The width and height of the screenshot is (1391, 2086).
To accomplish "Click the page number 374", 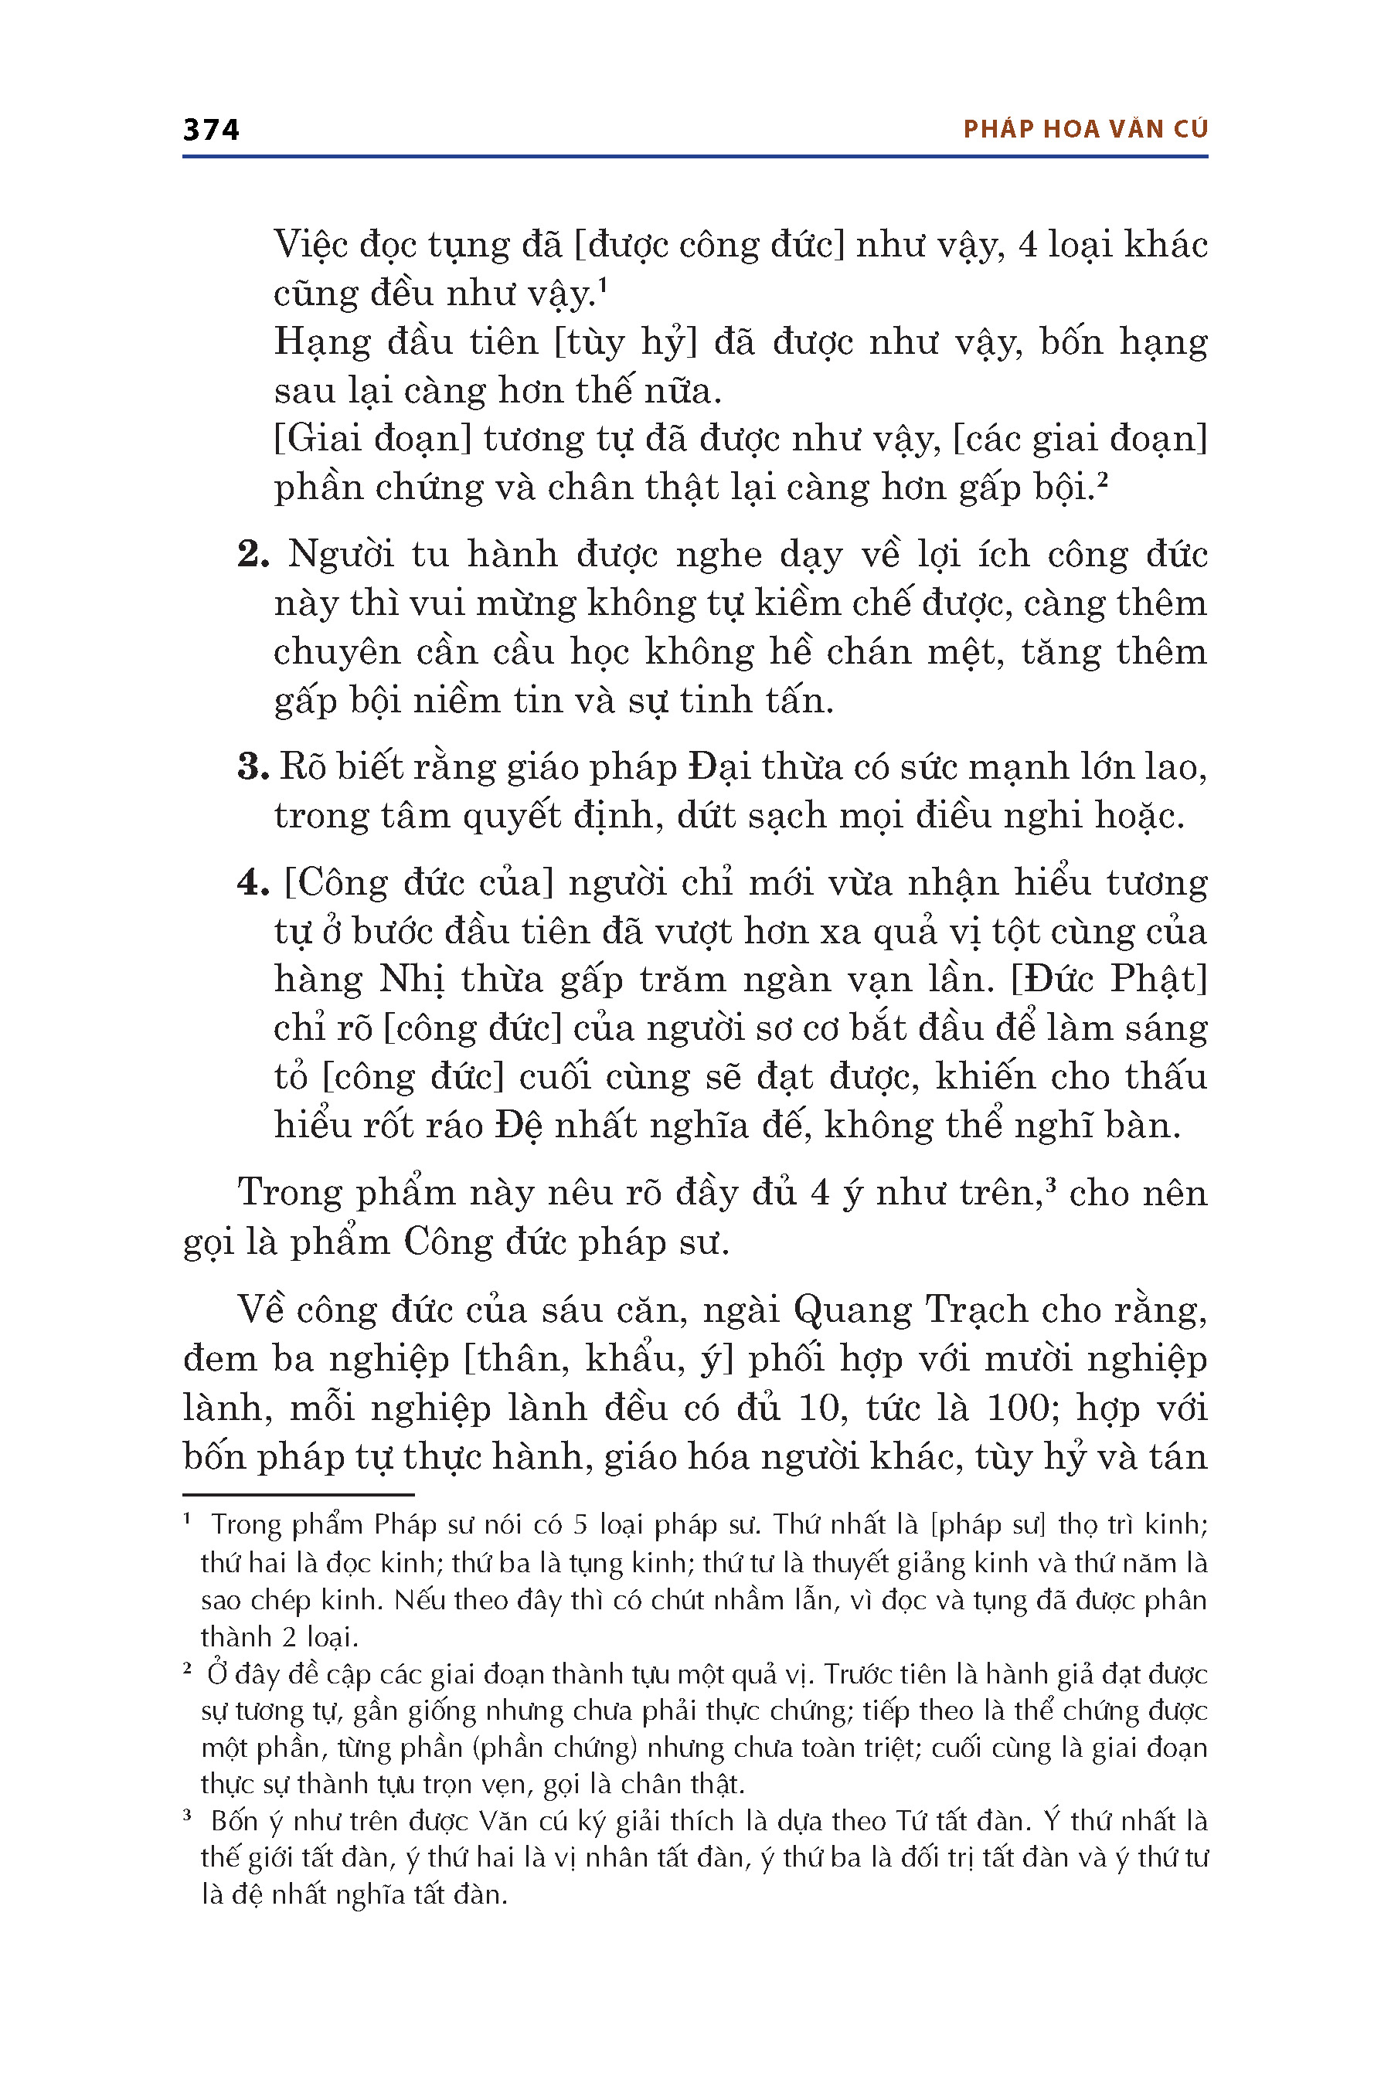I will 211,130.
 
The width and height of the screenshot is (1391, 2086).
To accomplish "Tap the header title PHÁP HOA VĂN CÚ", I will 1085,130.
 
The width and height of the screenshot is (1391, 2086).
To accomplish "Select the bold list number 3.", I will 253,767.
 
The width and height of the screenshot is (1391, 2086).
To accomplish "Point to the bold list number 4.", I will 253,883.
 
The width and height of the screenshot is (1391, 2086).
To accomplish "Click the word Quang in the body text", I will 852,1311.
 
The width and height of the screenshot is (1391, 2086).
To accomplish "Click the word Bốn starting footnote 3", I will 234,1821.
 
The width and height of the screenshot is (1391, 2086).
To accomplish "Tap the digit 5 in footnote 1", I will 581,1524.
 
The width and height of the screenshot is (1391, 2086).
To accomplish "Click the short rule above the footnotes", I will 298,1494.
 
